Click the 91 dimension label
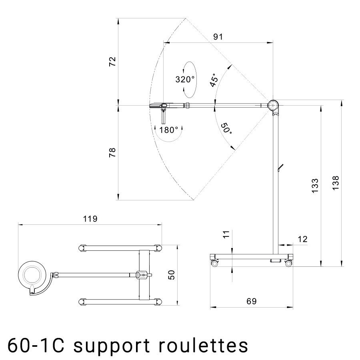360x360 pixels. click(218, 37)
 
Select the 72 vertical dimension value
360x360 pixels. click(112, 61)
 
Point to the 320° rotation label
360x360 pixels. click(185, 79)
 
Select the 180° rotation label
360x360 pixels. click(168, 130)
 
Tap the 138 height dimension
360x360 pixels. click(336, 183)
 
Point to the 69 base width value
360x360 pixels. click(251, 300)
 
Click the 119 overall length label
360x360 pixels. click(90, 219)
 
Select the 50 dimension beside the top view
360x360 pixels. click(172, 275)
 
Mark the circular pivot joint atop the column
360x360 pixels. click(274, 106)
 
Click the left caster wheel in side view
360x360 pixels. click(215, 263)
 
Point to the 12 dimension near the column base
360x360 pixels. click(302, 239)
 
